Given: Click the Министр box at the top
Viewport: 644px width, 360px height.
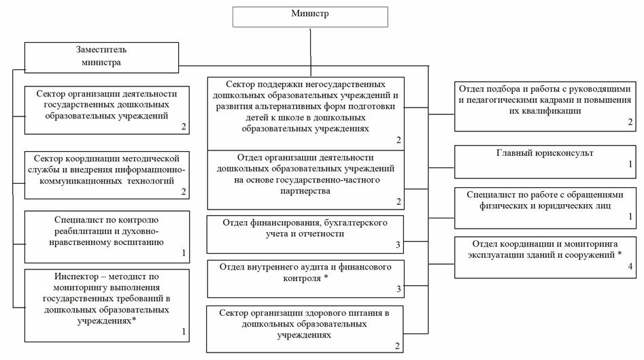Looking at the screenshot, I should tap(309, 16).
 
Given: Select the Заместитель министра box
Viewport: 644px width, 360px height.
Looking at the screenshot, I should tap(101, 56).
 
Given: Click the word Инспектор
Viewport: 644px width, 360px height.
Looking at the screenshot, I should tap(75, 277).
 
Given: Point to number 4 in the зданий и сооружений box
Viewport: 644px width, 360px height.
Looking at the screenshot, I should tap(630, 267).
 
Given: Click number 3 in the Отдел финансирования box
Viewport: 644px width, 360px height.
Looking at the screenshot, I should tap(399, 244).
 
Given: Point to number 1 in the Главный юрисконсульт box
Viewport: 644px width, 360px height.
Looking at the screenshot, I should tap(630, 164).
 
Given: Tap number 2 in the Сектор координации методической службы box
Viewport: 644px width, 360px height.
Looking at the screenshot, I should tap(184, 193).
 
